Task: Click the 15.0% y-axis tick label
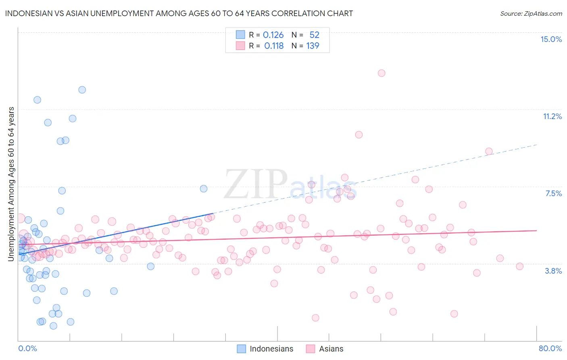(x=551, y=39)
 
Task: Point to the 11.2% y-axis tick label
(x=552, y=116)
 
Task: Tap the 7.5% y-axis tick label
(x=553, y=193)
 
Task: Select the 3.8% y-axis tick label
(x=553, y=271)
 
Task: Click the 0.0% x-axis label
(x=27, y=348)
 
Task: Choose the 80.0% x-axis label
(x=550, y=348)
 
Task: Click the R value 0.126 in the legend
(x=273, y=35)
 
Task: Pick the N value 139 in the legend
(x=313, y=46)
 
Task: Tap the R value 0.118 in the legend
(x=274, y=46)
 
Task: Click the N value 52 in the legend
(x=314, y=35)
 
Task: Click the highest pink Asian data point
(x=381, y=73)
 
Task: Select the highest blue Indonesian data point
(x=82, y=90)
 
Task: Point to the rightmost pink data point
(x=519, y=266)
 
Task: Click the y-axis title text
(x=11, y=184)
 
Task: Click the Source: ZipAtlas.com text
(x=531, y=14)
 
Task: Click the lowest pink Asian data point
(x=315, y=318)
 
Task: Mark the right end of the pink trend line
(x=537, y=230)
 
